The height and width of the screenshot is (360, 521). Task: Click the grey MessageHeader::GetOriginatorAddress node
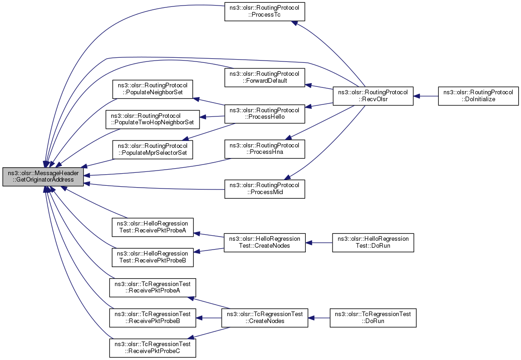[43, 177]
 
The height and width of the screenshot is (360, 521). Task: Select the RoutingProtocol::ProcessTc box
[265, 12]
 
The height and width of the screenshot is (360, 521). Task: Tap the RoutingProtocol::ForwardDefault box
[265, 78]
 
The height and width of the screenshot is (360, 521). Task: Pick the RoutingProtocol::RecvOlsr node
[373, 96]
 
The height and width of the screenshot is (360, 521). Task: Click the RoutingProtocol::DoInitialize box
[478, 96]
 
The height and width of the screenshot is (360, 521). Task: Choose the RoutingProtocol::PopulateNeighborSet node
[153, 89]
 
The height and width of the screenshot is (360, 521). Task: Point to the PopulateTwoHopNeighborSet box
[153, 119]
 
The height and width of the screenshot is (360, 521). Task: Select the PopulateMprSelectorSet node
[153, 150]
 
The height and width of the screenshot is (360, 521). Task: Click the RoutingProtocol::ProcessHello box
[265, 114]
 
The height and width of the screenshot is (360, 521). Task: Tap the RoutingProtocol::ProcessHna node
[265, 149]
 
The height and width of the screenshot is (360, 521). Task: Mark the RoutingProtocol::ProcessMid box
[265, 189]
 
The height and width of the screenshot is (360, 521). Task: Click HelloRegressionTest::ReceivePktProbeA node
[152, 227]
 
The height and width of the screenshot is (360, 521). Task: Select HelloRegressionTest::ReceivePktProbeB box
[152, 257]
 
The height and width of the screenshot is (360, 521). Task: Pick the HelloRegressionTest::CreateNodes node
[265, 243]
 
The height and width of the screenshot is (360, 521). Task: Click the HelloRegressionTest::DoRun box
[373, 243]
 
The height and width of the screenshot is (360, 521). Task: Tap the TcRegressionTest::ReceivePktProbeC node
[152, 348]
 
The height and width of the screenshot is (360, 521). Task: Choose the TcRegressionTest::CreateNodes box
[265, 318]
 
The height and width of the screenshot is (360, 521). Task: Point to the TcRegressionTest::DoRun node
[373, 318]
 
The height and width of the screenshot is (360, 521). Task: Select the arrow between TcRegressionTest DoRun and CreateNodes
[319, 318]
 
